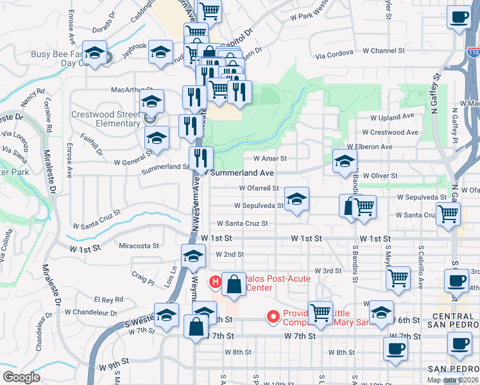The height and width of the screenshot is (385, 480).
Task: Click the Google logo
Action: point(21,377)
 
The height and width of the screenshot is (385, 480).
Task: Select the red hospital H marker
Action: point(216,281)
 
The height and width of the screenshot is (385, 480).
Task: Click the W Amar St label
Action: point(270,158)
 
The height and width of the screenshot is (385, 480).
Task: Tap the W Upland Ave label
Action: point(393,117)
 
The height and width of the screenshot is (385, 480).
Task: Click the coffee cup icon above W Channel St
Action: point(459,19)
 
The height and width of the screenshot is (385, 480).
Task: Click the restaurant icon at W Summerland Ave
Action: point(200,157)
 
